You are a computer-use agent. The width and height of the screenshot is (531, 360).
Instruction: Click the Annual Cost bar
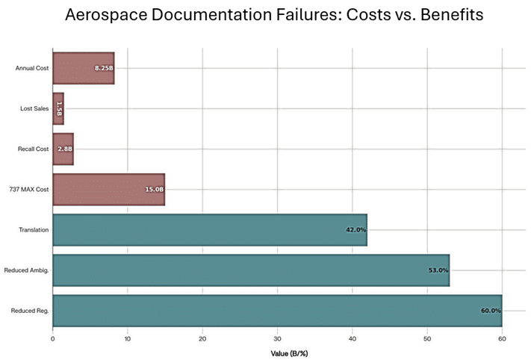click(83, 68)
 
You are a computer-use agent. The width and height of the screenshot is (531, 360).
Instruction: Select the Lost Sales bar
click(58, 108)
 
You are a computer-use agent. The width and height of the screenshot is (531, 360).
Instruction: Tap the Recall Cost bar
click(63, 149)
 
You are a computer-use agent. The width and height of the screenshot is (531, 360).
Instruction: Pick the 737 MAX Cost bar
click(108, 190)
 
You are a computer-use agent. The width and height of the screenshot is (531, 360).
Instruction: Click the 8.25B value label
click(103, 68)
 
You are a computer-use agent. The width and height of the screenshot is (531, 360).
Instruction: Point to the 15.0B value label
click(154, 190)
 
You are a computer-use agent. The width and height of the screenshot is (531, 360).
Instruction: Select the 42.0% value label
click(355, 230)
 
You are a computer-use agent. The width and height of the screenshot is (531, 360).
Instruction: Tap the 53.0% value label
click(438, 270)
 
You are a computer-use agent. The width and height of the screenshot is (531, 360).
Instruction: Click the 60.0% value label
click(491, 311)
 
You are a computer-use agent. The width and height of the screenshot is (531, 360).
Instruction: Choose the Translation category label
click(34, 230)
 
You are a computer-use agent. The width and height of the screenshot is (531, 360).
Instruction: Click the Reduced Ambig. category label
click(26, 270)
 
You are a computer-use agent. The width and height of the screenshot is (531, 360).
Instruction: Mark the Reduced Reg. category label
click(31, 311)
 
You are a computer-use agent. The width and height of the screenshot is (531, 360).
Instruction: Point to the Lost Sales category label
click(34, 108)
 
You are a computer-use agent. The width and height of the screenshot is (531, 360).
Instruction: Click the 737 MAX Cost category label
click(32, 190)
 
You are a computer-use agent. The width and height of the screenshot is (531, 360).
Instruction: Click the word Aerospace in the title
click(110, 15)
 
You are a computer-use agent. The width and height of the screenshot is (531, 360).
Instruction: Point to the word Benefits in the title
click(444, 15)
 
